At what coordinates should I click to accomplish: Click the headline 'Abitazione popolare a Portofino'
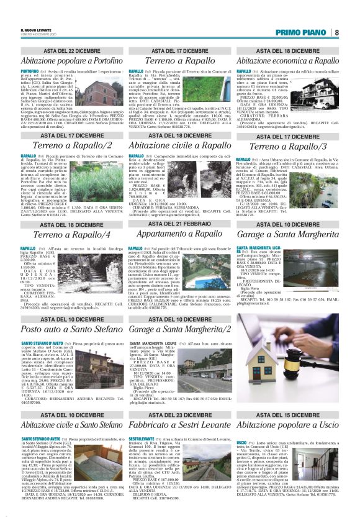click(x=71, y=61)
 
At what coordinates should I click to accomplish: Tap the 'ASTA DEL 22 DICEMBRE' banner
click(x=72, y=50)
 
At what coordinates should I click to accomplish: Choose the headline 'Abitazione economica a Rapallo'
click(x=287, y=61)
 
